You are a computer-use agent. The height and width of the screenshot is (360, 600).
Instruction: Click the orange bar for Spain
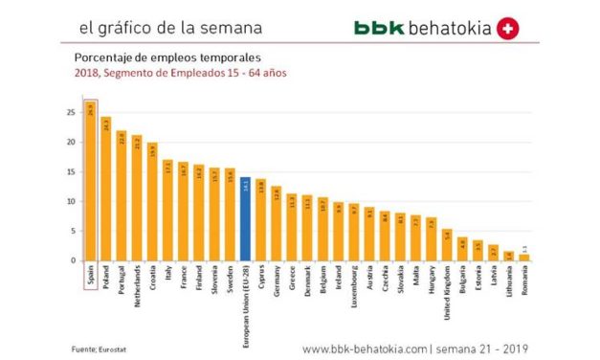point(90,182)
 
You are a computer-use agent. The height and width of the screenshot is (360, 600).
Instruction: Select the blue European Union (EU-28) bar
point(245,219)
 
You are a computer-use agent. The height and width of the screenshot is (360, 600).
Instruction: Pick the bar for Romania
point(523,257)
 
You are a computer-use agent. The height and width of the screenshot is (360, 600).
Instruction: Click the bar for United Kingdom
point(446,245)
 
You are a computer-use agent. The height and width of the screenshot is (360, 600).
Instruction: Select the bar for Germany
point(276,223)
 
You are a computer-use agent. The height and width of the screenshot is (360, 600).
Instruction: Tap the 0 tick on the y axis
point(71,260)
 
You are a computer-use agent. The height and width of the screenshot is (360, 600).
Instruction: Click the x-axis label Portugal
point(122,279)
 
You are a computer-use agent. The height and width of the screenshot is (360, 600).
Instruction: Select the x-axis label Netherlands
point(137,283)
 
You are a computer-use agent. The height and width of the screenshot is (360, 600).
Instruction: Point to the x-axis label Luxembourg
point(353,283)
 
